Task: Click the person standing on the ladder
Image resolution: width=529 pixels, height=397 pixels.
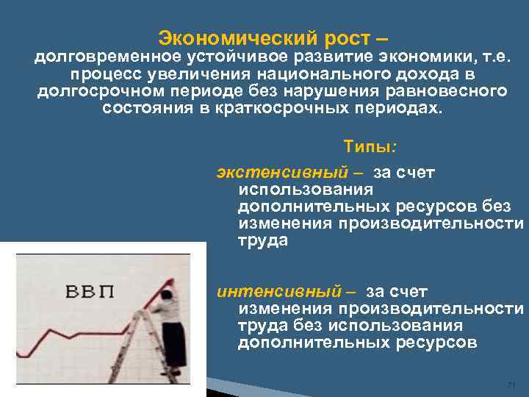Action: (x=173, y=323)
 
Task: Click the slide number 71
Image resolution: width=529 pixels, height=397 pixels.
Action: (x=513, y=385)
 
